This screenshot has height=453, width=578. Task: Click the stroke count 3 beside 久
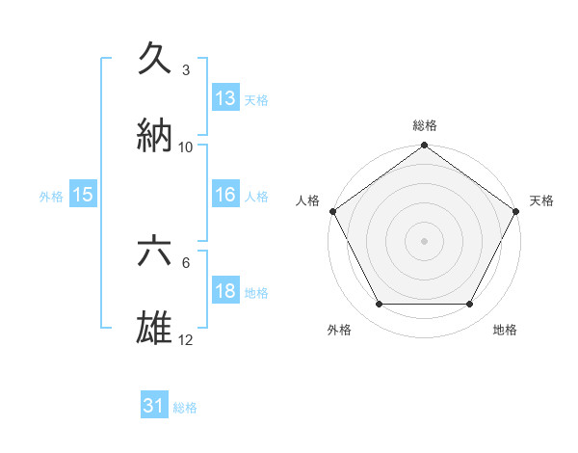pyautogui.click(x=186, y=70)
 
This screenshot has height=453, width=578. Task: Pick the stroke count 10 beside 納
pyautogui.click(x=186, y=147)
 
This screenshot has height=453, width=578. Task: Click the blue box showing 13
pyautogui.click(x=225, y=97)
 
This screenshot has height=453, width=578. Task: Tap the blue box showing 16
pyautogui.click(x=225, y=195)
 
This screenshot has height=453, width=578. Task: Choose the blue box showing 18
pyautogui.click(x=225, y=292)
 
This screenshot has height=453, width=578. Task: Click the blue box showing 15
pyautogui.click(x=83, y=195)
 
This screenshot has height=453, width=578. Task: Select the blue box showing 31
pyautogui.click(x=154, y=407)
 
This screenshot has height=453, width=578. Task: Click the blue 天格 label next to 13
pyautogui.click(x=256, y=99)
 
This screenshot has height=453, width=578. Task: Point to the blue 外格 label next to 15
pyautogui.click(x=51, y=197)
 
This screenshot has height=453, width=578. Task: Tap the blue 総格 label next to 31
pyautogui.click(x=185, y=408)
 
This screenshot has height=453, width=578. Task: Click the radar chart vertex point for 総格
pyautogui.click(x=424, y=147)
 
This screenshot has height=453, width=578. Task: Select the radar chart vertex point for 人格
pyautogui.click(x=332, y=211)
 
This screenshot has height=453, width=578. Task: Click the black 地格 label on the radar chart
pyautogui.click(x=505, y=330)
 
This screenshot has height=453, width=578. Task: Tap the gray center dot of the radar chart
pyautogui.click(x=424, y=240)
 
